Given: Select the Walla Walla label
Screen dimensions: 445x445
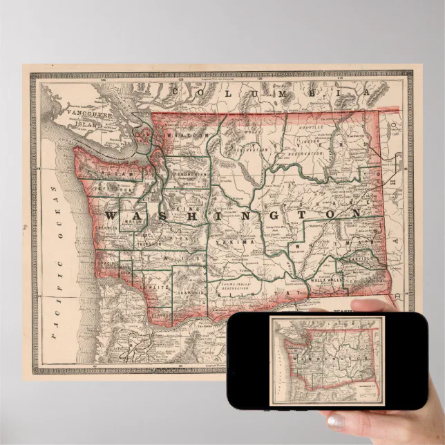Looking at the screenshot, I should coord(325,281).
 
